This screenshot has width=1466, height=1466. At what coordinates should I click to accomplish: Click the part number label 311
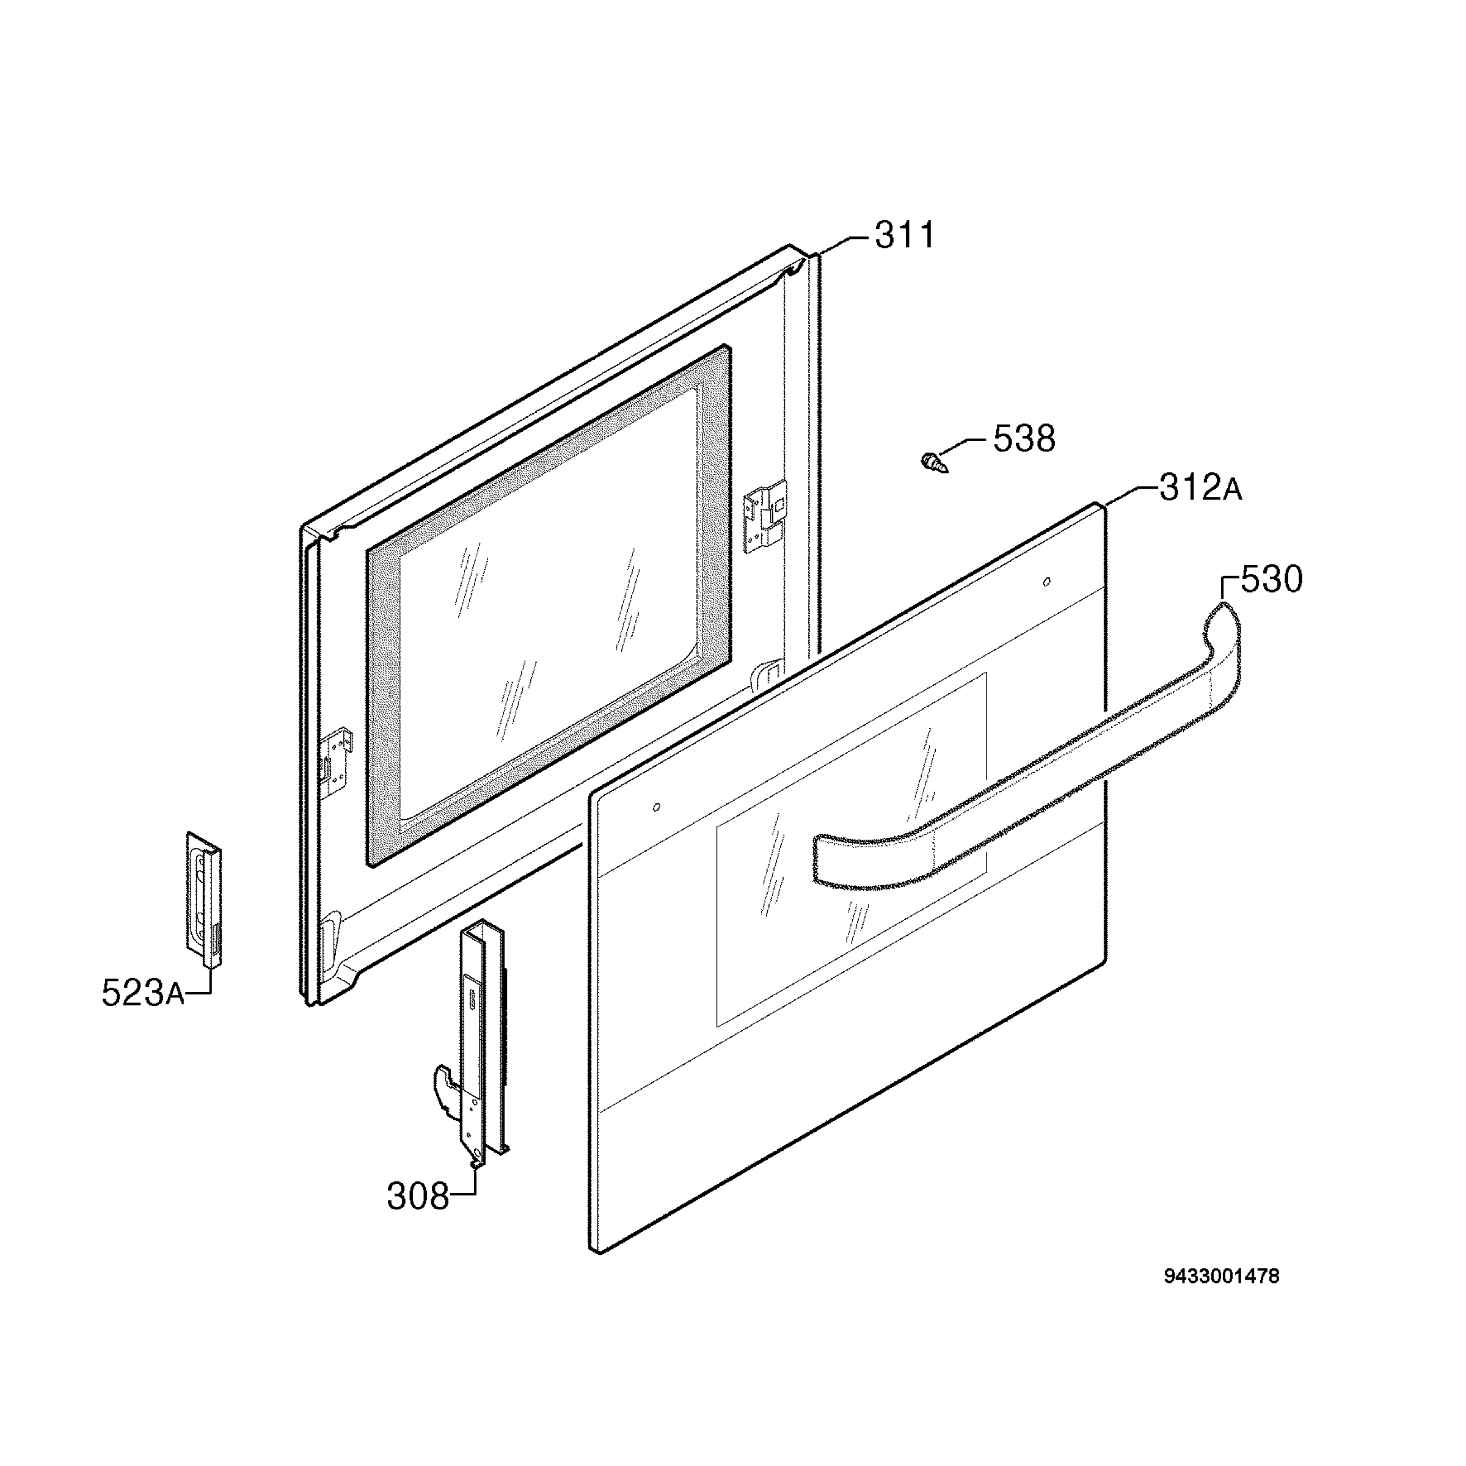[905, 235]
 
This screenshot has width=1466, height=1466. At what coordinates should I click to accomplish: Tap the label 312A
[1200, 488]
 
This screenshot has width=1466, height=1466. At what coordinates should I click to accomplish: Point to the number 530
[1272, 579]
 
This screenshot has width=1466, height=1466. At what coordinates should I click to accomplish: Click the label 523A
[143, 993]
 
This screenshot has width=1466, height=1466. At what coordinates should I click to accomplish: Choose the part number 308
[418, 1197]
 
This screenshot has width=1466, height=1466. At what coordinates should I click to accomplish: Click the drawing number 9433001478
[1222, 1276]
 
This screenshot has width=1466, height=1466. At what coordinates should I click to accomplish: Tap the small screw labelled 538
[935, 462]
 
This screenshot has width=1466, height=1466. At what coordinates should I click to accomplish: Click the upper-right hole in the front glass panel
[1047, 582]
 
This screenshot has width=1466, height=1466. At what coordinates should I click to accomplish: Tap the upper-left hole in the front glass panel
[657, 806]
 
